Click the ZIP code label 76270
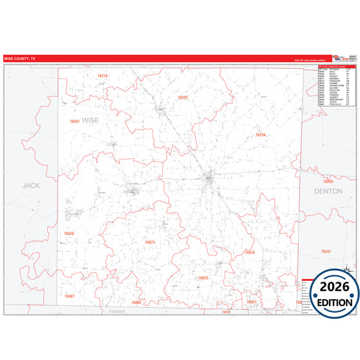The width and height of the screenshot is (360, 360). [102, 76]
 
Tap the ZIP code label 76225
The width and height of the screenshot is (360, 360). [182, 98]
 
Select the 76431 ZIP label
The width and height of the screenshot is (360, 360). [74, 122]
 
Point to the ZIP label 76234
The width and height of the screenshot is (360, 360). [261, 135]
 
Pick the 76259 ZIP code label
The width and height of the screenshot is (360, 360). [328, 182]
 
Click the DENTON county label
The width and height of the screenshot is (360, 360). [328, 191]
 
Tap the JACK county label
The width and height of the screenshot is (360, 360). [31, 184]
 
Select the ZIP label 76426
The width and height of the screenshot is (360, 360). [69, 234]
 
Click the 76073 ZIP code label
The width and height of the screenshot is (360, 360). [150, 242]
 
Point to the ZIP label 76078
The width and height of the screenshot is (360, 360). [249, 253]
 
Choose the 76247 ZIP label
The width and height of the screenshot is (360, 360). [326, 251]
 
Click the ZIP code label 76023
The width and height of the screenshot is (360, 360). [203, 278]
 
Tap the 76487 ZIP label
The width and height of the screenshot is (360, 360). [69, 297]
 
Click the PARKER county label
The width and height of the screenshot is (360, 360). [118, 311]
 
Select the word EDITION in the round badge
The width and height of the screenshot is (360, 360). [331, 302]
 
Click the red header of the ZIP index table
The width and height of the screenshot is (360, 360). [336, 66]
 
